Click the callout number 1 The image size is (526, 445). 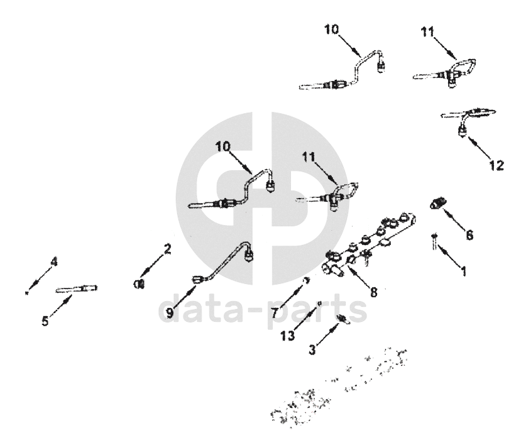463,272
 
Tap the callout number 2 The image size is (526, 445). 167,249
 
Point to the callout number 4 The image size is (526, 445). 54,262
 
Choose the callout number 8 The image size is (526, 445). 374,292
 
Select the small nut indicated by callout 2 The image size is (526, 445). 140,284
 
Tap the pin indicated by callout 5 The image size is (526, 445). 77,289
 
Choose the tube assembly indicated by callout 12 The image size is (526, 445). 468,117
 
